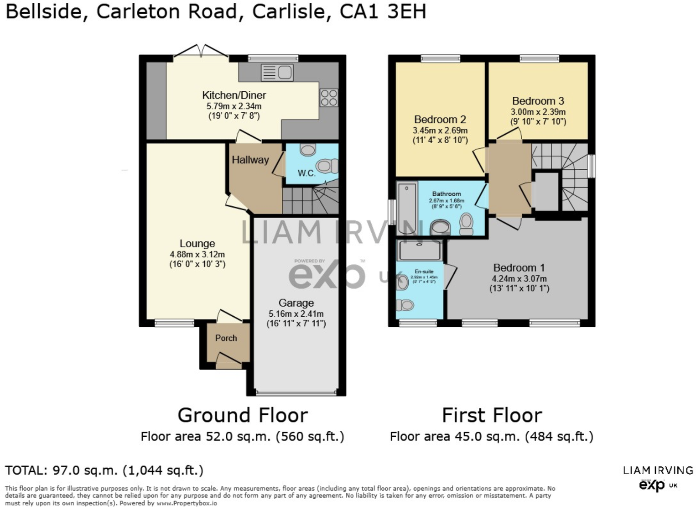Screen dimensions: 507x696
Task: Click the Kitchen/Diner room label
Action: pyautogui.click(x=234, y=95)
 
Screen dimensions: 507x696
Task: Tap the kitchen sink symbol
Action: pyautogui.click(x=277, y=73)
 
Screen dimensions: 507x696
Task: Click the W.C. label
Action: pyautogui.click(x=306, y=173)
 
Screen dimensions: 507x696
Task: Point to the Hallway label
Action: pyautogui.click(x=250, y=160)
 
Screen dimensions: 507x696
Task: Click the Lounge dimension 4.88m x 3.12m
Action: pyautogui.click(x=197, y=254)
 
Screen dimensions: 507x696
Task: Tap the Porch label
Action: pyautogui.click(x=226, y=338)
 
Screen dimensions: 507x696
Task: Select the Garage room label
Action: pyautogui.click(x=296, y=303)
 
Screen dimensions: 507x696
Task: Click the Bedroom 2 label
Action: pyautogui.click(x=440, y=120)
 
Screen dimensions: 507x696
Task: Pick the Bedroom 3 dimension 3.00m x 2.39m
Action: pyautogui.click(x=538, y=112)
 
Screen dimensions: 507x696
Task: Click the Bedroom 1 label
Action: pyautogui.click(x=519, y=268)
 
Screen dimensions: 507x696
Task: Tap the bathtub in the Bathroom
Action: pyautogui.click(x=406, y=207)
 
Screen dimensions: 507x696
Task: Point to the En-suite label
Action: pyautogui.click(x=424, y=272)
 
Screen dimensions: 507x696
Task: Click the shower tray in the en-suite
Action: pyautogui.click(x=419, y=251)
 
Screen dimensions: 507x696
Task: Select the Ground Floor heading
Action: pyautogui.click(x=242, y=415)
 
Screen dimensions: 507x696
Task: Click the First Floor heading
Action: pyautogui.click(x=492, y=415)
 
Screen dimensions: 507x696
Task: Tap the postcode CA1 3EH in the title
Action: pyautogui.click(x=383, y=11)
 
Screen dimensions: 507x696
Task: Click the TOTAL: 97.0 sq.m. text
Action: pyautogui.click(x=104, y=470)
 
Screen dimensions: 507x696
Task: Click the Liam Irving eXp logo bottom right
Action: pyautogui.click(x=657, y=478)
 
